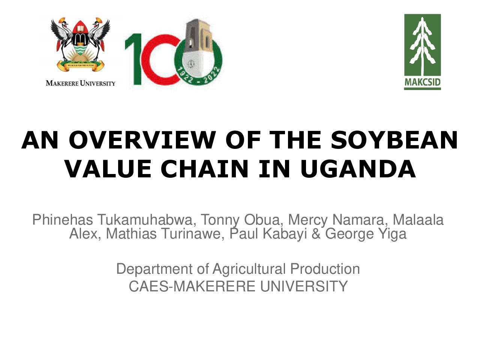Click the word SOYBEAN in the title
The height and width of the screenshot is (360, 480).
pos(394,140)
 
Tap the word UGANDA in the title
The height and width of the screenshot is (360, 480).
pos(358,169)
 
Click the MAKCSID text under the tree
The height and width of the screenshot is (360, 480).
pos(422,82)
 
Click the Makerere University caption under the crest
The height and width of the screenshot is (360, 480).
pos(81,83)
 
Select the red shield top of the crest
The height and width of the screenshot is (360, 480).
pos(80,28)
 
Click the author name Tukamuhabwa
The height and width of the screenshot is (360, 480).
pos(145,220)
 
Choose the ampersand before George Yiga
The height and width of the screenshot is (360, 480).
pos(316,234)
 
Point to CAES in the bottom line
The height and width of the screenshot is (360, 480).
pos(149,286)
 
